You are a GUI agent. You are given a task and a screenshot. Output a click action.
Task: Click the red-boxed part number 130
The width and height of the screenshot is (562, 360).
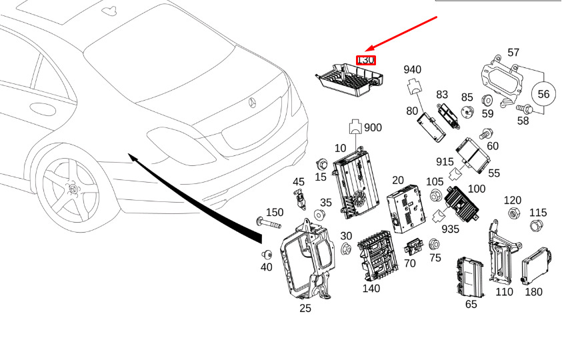pos(366,60)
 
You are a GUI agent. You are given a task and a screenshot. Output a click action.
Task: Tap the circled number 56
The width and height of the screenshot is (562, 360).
pos(543,94)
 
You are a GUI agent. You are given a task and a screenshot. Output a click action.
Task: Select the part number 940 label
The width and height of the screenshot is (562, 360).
pos(413,69)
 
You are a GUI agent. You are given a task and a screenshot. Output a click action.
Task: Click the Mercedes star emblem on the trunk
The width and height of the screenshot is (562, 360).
pos(253,102)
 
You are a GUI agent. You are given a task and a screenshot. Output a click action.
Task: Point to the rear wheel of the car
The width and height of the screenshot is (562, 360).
pos(70,188)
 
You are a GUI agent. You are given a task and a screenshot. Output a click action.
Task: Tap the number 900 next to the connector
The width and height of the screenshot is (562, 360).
pos(373,127)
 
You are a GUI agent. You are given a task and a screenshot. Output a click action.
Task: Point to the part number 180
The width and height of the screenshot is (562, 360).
pos(533,291)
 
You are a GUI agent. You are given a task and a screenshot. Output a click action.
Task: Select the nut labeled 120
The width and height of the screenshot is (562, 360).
pos(514,214)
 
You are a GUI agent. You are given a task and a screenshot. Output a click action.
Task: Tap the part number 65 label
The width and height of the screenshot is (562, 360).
pos(471,304)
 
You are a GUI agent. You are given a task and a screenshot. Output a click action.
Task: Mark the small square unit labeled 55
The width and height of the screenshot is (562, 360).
pos(473,155)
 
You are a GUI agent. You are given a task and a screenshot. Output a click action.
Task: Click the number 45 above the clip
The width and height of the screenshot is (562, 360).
pos(299,181)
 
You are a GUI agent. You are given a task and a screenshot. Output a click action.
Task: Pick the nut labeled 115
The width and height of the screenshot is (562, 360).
pos(535,226)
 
